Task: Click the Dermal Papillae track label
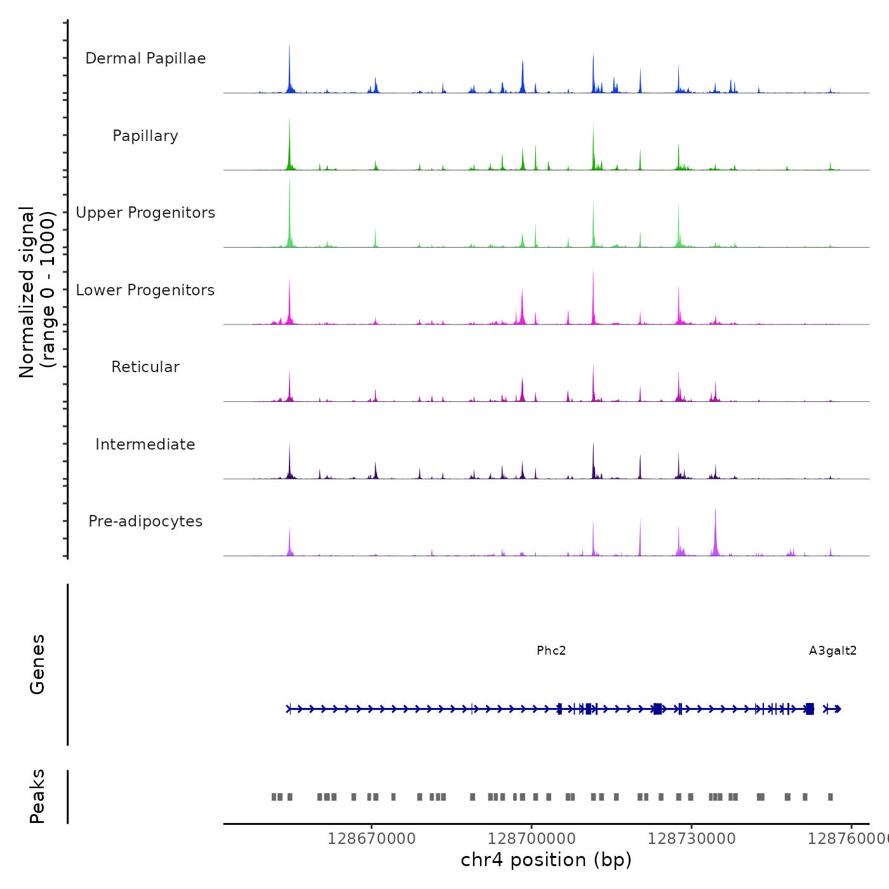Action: click(x=145, y=58)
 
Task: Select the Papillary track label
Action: click(x=145, y=136)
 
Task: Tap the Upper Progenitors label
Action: click(x=145, y=213)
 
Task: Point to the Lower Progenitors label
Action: click(x=145, y=290)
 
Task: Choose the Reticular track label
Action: click(x=145, y=367)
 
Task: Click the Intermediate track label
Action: click(x=145, y=444)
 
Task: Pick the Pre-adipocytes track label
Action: click(x=145, y=521)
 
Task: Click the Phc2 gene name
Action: click(x=551, y=651)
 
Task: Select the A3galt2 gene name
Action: click(x=832, y=651)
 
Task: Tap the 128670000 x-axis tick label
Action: click(x=371, y=839)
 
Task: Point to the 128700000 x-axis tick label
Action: click(x=531, y=839)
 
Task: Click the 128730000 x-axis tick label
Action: click(x=692, y=839)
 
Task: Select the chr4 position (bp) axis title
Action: click(x=546, y=860)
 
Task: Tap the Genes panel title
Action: click(x=37, y=664)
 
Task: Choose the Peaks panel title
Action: click(x=37, y=796)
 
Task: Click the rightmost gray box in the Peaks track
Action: click(x=830, y=797)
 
